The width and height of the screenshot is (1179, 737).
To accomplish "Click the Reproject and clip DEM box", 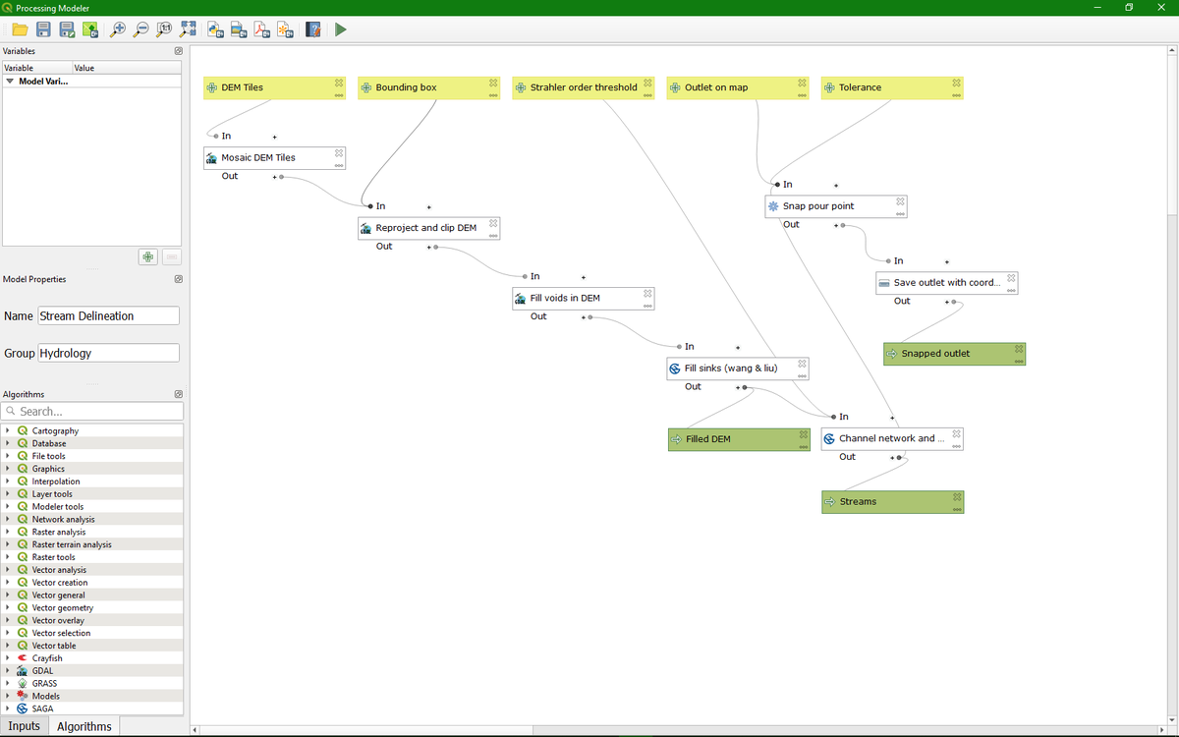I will (x=428, y=228).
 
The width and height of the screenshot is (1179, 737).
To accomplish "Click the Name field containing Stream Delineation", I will (x=108, y=315).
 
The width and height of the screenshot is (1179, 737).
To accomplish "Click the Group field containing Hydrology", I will (x=108, y=353).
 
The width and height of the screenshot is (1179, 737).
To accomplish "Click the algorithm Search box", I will (x=93, y=411).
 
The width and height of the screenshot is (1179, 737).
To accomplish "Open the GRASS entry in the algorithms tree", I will (x=44, y=683).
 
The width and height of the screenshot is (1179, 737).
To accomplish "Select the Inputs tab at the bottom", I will (x=24, y=726).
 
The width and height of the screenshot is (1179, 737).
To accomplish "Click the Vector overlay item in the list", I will (x=58, y=620).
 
